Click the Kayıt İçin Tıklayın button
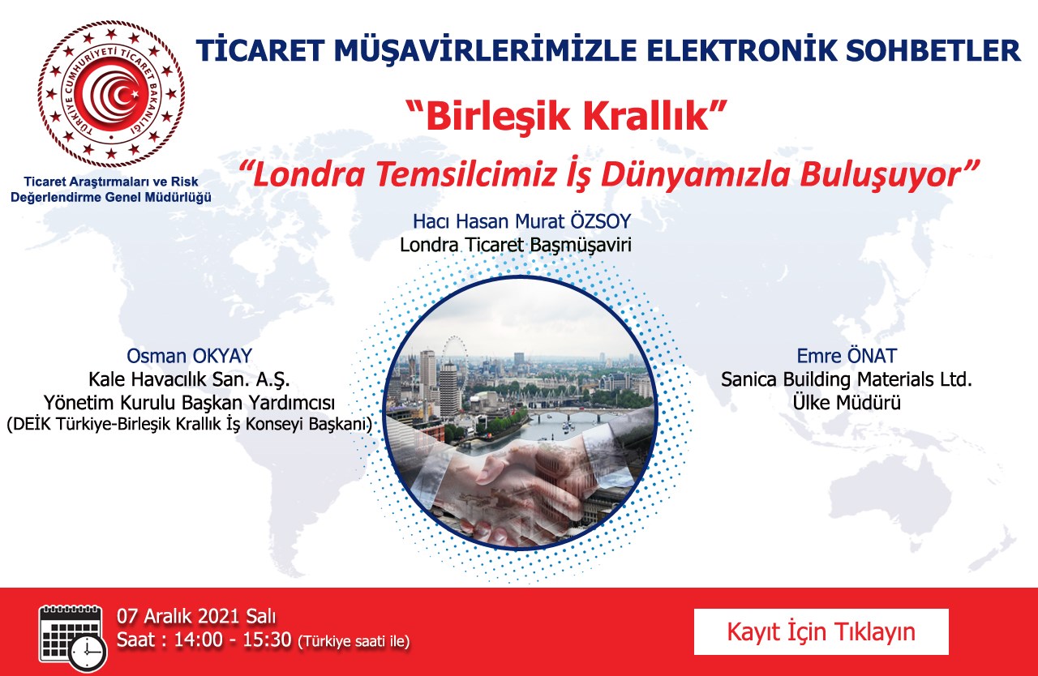821,631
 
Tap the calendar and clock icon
73,638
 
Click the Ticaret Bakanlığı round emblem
111,94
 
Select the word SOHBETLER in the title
933,50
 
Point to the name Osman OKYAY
190,356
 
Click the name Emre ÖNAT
847,356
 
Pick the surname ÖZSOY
601,221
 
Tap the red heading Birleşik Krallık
565,116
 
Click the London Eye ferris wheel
455,356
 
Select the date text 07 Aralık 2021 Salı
196,617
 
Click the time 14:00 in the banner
199,640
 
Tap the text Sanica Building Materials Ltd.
847,379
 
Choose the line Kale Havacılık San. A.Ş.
189,379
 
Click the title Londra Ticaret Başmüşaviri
516,245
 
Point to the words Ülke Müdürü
847,402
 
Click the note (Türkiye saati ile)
354,642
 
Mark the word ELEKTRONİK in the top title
742,50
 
